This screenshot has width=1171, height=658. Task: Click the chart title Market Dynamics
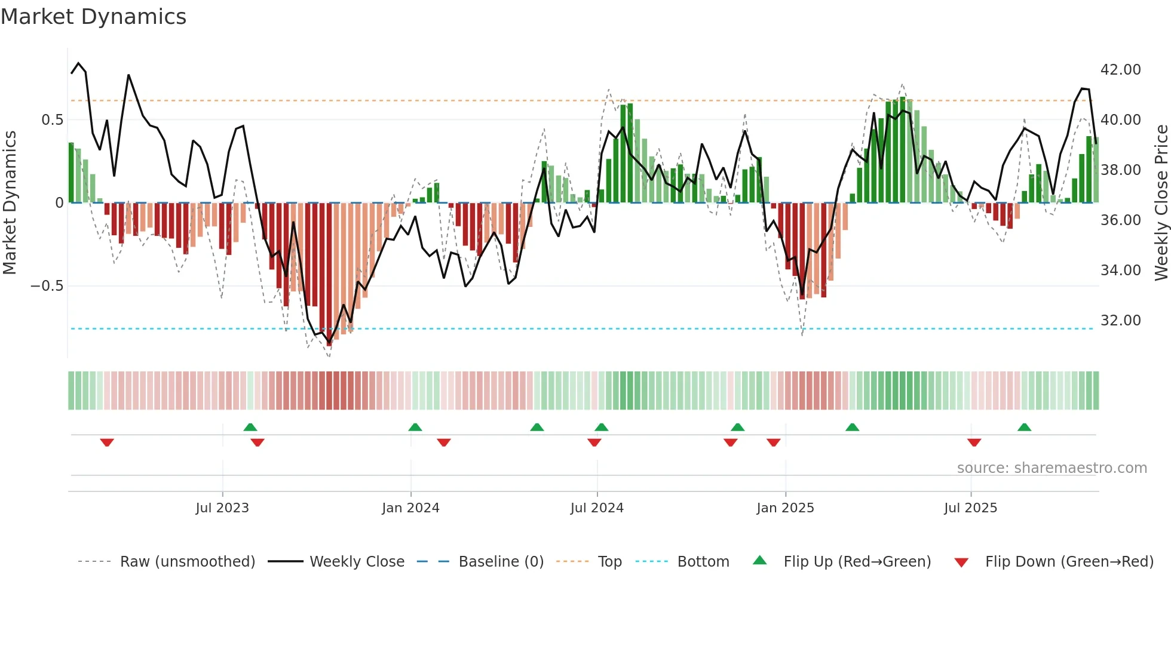tap(93, 17)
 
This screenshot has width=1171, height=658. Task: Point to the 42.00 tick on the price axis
tap(1120, 70)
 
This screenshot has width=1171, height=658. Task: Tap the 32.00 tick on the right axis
tap(1120, 321)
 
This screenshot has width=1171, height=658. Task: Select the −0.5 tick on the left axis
tap(47, 286)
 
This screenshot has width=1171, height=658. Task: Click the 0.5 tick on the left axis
tap(52, 120)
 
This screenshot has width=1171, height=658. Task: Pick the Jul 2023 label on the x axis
tap(222, 508)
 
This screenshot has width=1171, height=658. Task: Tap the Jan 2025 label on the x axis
tap(785, 508)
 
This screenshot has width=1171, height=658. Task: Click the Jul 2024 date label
tap(597, 508)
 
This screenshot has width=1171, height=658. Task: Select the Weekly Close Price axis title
tap(1161, 202)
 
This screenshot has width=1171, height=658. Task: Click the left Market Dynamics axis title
tap(10, 202)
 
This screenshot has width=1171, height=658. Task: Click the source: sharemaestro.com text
tap(1052, 468)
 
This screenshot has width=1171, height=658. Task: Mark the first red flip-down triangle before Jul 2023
tap(107, 442)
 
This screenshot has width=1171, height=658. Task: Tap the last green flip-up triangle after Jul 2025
tap(1024, 427)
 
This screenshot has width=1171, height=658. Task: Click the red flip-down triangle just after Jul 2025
tap(974, 442)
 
